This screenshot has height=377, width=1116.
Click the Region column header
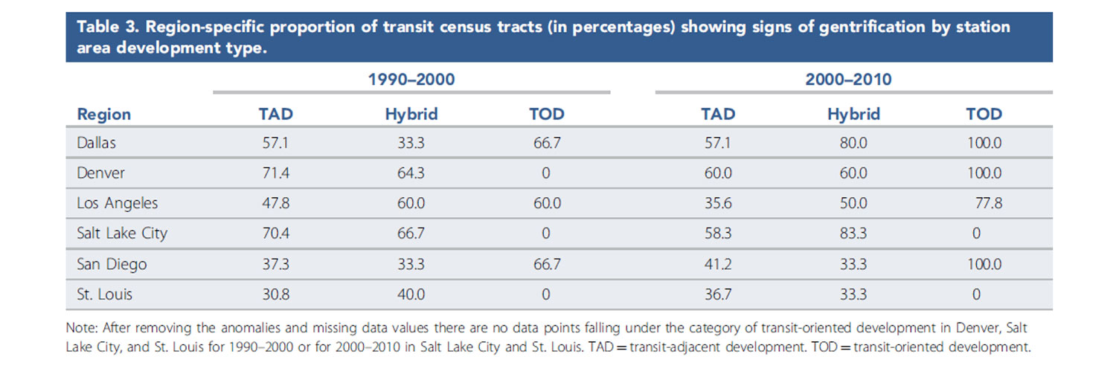click(x=103, y=114)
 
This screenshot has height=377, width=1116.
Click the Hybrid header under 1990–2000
click(x=411, y=114)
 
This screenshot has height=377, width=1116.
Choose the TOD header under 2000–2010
click(x=984, y=114)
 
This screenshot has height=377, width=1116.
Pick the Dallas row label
click(x=97, y=142)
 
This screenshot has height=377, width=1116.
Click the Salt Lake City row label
click(x=122, y=233)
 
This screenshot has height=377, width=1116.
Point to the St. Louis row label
click(x=104, y=294)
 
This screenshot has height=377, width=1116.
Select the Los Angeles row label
click(x=117, y=203)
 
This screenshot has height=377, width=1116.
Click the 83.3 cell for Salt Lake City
click(x=853, y=233)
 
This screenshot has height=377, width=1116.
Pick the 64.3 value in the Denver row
click(x=411, y=173)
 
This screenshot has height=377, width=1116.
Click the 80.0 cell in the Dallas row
click(x=853, y=142)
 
